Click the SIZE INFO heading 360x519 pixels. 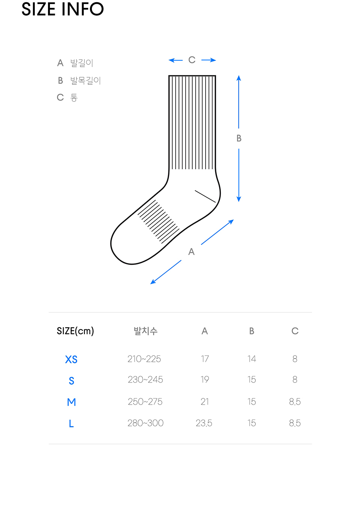click(x=63, y=9)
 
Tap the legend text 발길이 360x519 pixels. click(x=81, y=63)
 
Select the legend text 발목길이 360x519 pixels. click(x=85, y=80)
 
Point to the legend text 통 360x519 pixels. click(x=74, y=97)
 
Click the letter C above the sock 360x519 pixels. click(x=192, y=60)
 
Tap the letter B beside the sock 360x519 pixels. click(x=239, y=138)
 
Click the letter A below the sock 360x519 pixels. click(x=191, y=252)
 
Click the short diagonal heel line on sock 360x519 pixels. click(x=205, y=196)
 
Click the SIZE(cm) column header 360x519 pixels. click(x=75, y=331)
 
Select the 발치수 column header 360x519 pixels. click(x=145, y=331)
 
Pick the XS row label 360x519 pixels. click(x=71, y=359)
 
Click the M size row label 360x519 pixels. click(x=71, y=402)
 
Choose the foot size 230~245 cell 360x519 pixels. click(x=145, y=379)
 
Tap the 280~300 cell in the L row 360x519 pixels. click(x=145, y=423)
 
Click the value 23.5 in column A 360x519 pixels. click(x=204, y=423)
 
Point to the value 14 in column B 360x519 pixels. click(x=252, y=359)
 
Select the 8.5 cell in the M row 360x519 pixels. click(x=295, y=402)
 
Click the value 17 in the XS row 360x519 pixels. click(x=205, y=359)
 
